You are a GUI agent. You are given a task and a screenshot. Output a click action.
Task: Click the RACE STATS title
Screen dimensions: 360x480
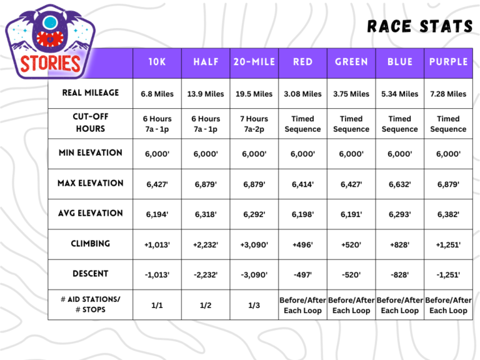419,26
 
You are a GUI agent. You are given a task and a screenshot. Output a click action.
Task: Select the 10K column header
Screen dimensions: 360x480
157,62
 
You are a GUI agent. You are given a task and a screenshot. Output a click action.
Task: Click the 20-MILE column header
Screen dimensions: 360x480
254,62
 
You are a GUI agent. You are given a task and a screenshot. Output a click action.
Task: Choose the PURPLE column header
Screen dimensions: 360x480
448,62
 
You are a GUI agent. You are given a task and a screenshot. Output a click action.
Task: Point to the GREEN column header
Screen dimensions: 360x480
351,62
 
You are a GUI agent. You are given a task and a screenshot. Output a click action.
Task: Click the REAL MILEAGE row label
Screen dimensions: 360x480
91,93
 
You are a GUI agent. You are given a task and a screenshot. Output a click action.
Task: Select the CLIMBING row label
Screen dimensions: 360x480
91,244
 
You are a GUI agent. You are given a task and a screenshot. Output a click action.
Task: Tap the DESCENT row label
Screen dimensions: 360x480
91,274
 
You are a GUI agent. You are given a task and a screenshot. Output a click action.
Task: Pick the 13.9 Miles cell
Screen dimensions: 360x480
206,94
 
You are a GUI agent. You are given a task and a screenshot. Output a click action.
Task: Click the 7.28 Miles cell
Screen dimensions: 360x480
448,94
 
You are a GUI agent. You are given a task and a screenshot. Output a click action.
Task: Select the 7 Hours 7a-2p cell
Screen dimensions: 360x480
254,124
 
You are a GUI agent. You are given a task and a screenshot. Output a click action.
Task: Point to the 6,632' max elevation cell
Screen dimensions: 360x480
399,184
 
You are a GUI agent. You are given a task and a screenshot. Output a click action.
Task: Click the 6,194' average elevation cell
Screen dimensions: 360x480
157,214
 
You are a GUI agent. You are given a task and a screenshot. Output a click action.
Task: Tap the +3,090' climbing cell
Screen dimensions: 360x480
254,244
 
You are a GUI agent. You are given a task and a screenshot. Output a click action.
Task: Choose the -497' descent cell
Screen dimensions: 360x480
302,274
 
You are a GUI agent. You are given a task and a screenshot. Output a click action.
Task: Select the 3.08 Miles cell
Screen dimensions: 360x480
302,94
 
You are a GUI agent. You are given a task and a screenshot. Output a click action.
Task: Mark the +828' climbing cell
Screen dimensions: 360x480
399,244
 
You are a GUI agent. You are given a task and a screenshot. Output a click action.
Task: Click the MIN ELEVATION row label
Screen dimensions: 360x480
91,153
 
